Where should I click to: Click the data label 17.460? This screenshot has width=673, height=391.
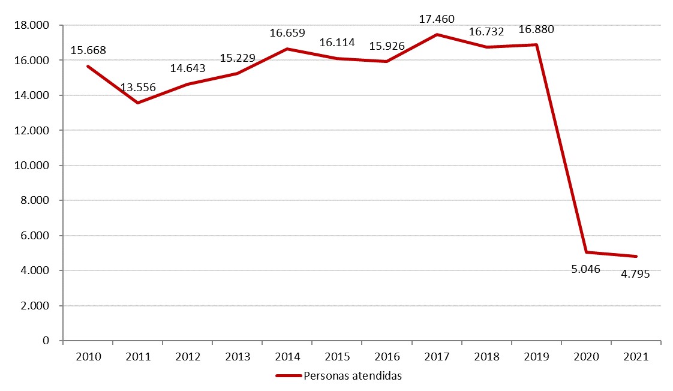437,20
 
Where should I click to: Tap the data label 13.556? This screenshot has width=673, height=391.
138,88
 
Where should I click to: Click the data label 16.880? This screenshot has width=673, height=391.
536,29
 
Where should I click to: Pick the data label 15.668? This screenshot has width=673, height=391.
88,50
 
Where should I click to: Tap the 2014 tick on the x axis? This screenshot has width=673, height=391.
287,357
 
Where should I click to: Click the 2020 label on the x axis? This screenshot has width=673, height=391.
586,357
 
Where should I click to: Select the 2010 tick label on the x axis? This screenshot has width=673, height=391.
88,357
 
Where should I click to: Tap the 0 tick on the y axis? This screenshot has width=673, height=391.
46,341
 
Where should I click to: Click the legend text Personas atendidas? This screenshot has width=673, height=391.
352,376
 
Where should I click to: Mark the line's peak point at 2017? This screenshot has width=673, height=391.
437,35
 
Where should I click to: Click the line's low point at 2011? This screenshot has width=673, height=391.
138,103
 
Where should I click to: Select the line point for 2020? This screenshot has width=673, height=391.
586,252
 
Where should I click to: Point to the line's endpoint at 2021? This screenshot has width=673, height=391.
636,257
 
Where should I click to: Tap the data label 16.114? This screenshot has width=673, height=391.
337,43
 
